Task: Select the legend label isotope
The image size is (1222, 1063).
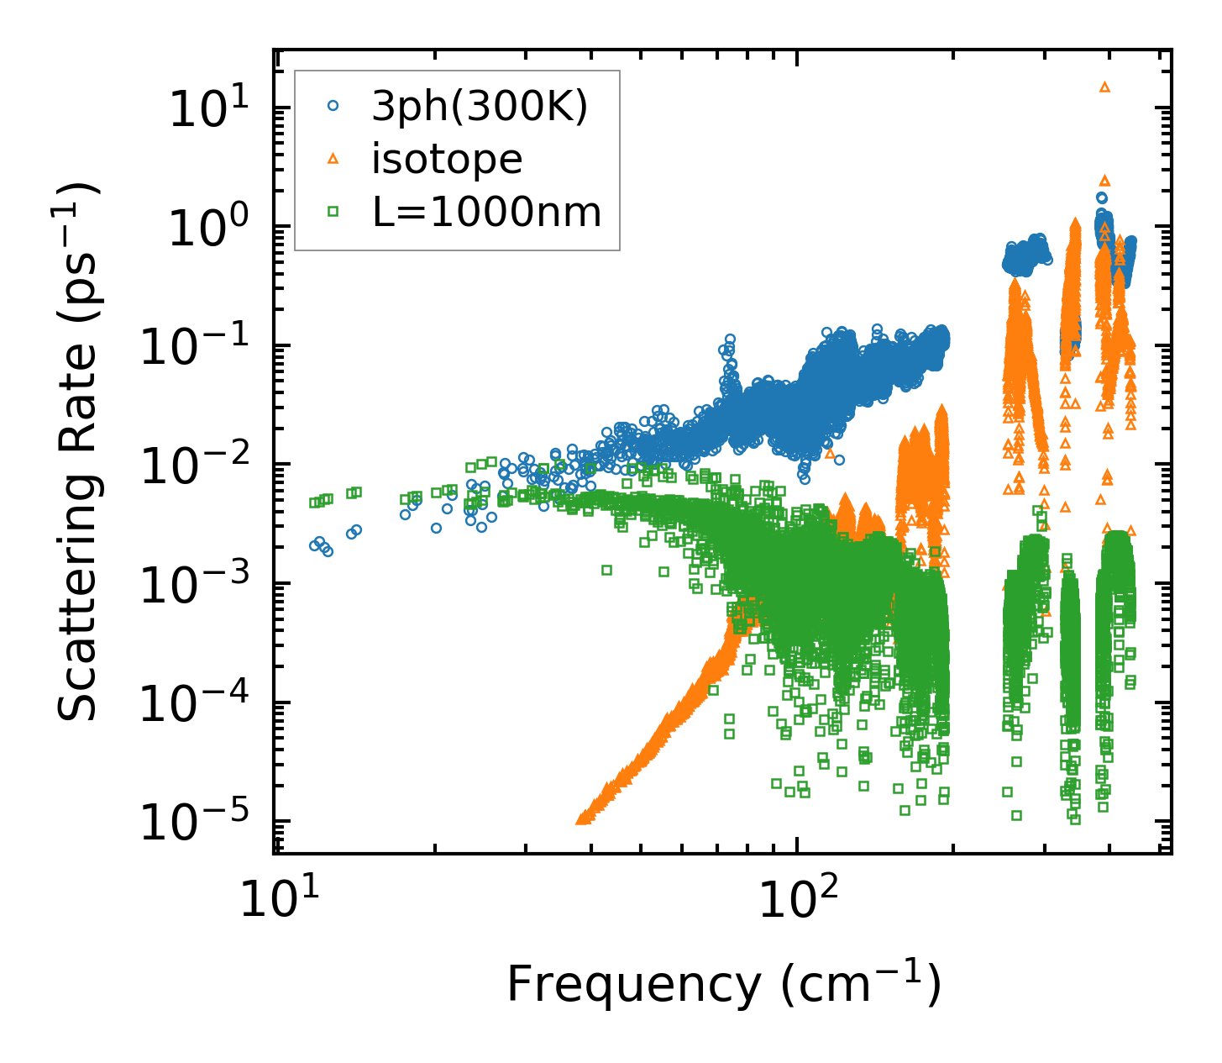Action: click(x=447, y=160)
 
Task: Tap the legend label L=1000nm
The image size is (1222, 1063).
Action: click(x=487, y=213)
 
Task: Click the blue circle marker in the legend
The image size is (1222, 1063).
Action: click(x=333, y=107)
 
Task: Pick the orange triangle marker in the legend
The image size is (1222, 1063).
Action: click(x=333, y=159)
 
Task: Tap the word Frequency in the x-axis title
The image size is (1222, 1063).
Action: click(x=633, y=985)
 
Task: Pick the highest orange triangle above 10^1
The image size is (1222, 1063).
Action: click(x=1104, y=87)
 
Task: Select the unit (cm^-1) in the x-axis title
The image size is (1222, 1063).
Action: click(x=861, y=985)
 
